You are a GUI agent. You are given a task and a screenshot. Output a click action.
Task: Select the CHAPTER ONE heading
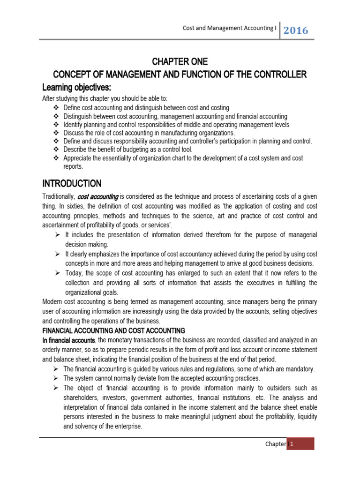point(180,62)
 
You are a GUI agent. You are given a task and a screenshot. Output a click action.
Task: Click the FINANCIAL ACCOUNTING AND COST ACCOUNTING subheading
point(114,330)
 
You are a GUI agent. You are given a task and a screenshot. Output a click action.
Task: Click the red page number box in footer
point(301,444)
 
